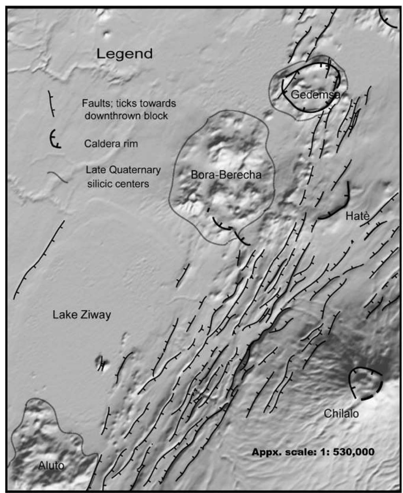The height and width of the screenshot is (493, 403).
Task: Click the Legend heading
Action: (125, 54)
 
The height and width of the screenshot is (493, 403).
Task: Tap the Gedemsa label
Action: (315, 94)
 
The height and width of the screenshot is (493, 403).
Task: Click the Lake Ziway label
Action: (82, 315)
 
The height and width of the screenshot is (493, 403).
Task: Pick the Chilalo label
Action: (341, 413)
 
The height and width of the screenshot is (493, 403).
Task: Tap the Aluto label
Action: (51, 465)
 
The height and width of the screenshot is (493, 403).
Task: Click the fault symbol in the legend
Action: (51, 104)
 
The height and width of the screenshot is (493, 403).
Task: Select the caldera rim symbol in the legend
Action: (54, 141)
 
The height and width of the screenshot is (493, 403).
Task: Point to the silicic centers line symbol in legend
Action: (58, 176)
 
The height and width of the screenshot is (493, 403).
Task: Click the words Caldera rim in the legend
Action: (111, 144)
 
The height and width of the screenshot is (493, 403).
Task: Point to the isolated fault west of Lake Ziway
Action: (39, 261)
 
